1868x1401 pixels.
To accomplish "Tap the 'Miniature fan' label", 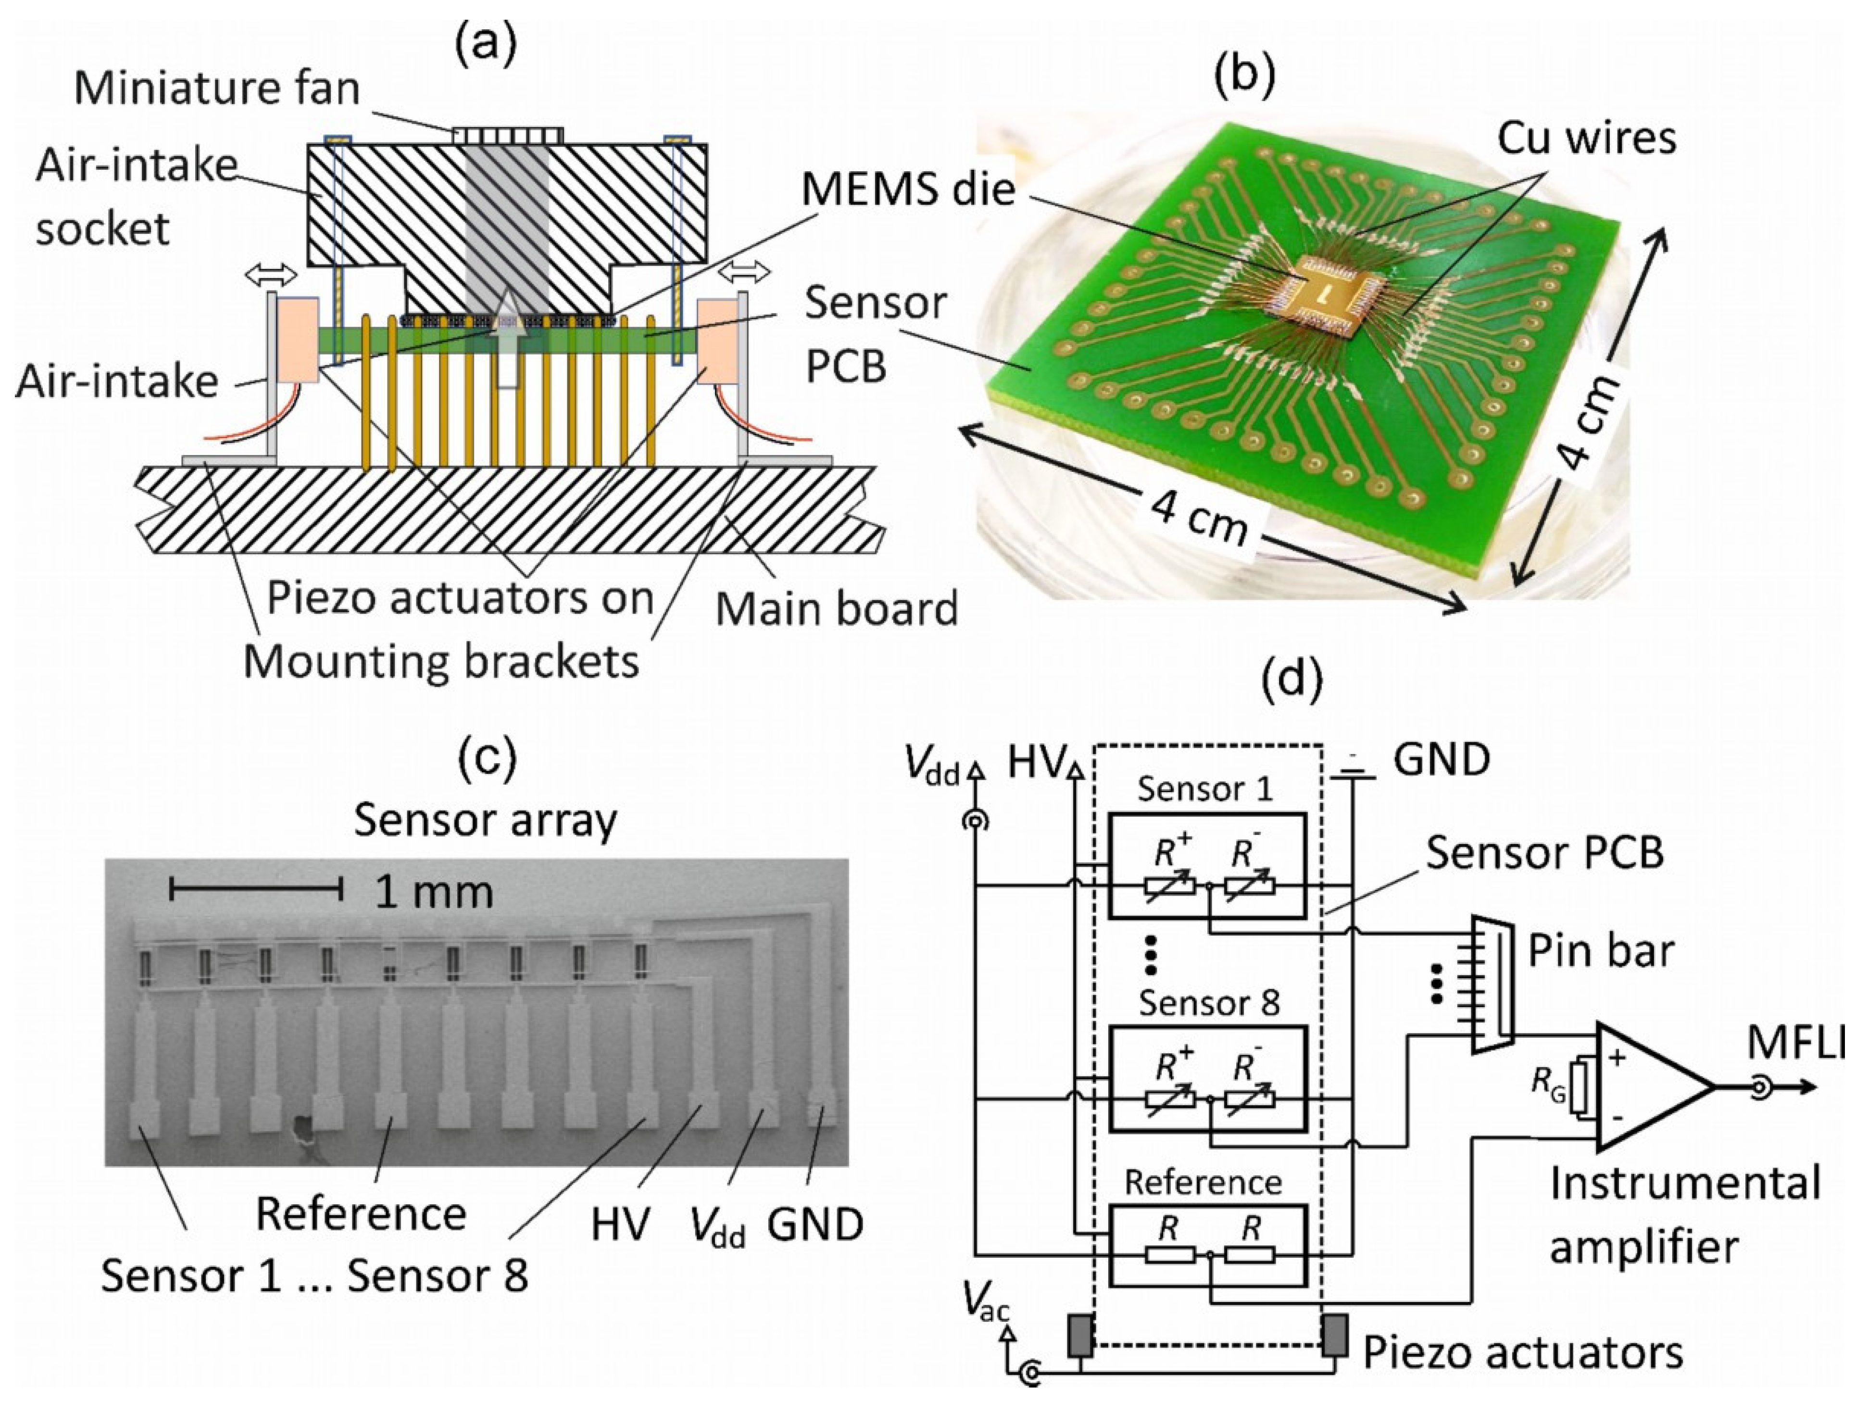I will [217, 88].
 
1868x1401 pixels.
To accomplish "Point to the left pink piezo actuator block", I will [296, 340].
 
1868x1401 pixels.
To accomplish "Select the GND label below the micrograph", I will [815, 1223].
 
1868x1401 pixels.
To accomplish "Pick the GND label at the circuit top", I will [1441, 760].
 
